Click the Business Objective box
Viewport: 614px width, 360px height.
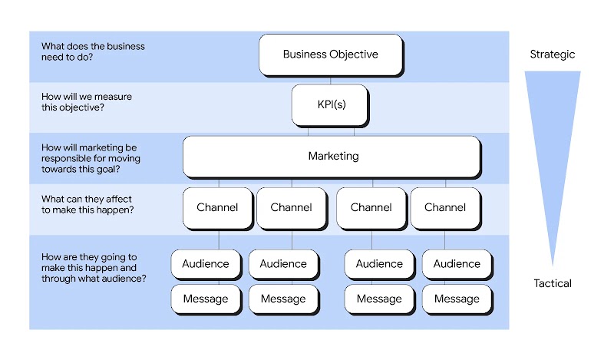[x=330, y=54]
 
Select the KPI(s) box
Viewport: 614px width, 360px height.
[x=330, y=104]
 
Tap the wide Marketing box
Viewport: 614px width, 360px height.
[x=332, y=156]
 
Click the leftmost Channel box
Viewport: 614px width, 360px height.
[x=217, y=207]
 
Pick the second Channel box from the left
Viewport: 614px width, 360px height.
[x=291, y=207]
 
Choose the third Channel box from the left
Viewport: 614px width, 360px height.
[x=371, y=207]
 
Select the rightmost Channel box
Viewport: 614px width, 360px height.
[x=444, y=207]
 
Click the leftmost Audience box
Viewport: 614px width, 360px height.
[x=205, y=264]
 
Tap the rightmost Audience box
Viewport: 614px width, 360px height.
[x=457, y=264]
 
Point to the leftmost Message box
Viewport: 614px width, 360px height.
[x=205, y=299]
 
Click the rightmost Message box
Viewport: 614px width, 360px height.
[x=457, y=299]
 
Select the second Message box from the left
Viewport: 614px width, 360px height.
[x=283, y=299]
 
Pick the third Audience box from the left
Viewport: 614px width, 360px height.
[x=379, y=264]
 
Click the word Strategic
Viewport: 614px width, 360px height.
[x=552, y=54]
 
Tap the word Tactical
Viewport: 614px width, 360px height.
[x=553, y=283]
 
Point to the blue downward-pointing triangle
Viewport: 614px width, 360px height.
[x=553, y=138]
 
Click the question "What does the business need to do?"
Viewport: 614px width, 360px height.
[x=93, y=51]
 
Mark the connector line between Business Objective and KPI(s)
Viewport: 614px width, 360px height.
[x=330, y=81]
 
